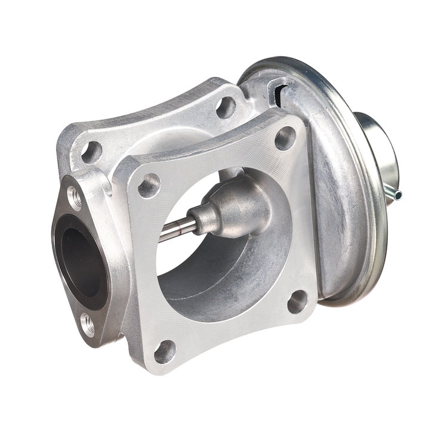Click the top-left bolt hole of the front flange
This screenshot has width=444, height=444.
pyautogui.click(x=149, y=185)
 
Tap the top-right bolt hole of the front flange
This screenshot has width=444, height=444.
pyautogui.click(x=285, y=138)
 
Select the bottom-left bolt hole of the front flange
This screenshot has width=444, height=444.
pyautogui.click(x=165, y=352)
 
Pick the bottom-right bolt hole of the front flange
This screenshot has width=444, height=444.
pyautogui.click(x=297, y=301)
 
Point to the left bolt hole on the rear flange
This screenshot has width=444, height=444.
pyautogui.click(x=91, y=152)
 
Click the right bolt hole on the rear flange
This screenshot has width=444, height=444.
pyautogui.click(x=226, y=107)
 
